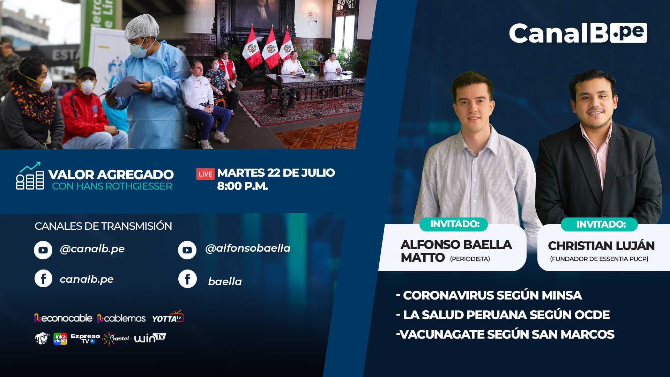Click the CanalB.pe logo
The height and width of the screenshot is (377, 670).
pos(578,33)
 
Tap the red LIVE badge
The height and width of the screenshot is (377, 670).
pos(205,174)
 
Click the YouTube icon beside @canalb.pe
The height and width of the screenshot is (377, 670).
pos(43,250)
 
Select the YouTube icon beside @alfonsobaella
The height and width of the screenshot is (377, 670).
pos(187,250)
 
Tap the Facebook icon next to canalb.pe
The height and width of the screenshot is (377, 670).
pos(43,279)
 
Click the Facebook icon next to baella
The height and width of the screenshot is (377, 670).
pos(187,279)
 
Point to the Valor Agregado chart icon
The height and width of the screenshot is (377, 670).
pos(30,176)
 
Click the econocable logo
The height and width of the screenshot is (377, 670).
pos(63,318)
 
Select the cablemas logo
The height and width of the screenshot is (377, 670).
pos(121,318)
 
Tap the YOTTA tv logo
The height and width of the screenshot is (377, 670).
pos(167,317)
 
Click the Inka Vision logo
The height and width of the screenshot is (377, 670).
pos(60,339)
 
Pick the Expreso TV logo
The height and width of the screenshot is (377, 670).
pos(85,339)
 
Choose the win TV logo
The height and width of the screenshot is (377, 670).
pos(150,338)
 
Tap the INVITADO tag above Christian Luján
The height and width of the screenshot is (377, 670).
pos(599,224)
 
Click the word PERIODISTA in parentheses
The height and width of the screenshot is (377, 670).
pos(470,259)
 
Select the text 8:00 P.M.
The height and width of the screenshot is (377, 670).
pos(243,186)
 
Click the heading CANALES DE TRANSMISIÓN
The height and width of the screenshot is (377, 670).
pos(103,226)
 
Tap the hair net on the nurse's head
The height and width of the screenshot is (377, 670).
pos(142,26)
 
